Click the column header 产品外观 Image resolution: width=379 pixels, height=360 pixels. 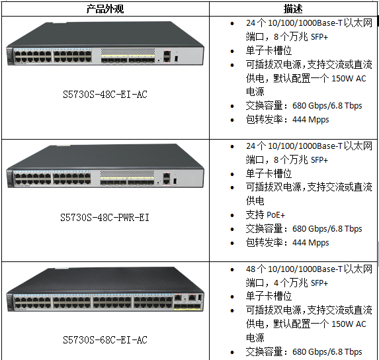(105, 9)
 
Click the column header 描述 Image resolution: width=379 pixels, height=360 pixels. (293, 9)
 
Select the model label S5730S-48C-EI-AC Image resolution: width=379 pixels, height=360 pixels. (105, 95)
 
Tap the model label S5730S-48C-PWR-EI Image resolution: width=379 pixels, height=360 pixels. (105, 218)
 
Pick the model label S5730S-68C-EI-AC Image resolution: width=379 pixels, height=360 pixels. (105, 340)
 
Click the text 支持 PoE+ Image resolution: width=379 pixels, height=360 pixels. (265, 214)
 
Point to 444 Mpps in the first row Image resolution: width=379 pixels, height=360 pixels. (311, 120)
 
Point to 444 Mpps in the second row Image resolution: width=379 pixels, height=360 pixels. (311, 243)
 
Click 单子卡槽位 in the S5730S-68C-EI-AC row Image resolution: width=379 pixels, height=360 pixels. (269, 296)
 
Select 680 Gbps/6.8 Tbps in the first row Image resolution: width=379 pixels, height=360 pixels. (327, 106)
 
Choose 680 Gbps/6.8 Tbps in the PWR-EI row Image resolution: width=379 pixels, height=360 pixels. (327, 229)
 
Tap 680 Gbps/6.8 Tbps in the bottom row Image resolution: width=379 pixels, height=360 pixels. (327, 352)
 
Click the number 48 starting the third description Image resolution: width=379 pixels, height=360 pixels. (251, 269)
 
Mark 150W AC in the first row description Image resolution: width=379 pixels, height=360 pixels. (349, 79)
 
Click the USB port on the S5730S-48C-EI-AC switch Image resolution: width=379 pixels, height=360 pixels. (176, 59)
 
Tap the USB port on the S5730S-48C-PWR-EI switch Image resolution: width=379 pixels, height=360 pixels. (175, 181)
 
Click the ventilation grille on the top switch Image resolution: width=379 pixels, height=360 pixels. (128, 51)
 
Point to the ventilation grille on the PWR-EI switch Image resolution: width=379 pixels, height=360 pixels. (127, 173)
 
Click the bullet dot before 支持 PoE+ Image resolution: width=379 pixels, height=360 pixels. (232, 215)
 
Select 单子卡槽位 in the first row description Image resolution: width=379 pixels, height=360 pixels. (269, 51)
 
